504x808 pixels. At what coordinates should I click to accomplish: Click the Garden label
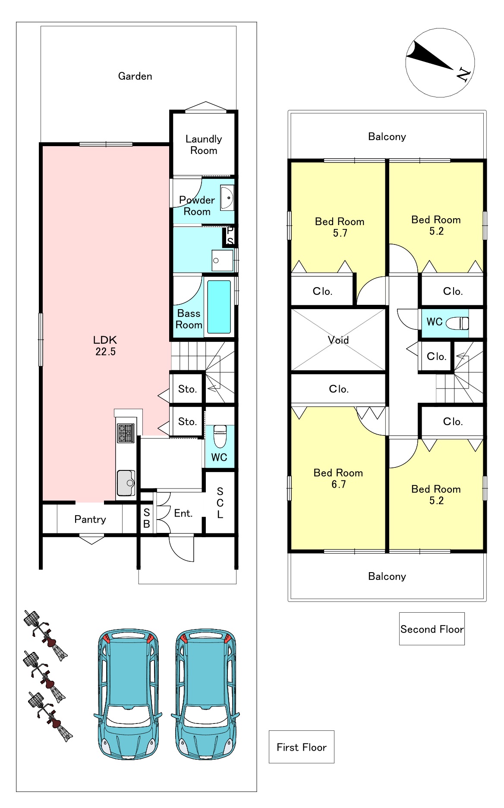coord(135,76)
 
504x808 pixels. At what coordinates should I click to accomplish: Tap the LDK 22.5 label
coord(105,346)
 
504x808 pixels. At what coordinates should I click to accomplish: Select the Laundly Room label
coord(204,145)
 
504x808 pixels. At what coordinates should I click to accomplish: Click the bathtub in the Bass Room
coord(219,307)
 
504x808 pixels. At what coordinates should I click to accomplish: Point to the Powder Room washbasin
coord(227,198)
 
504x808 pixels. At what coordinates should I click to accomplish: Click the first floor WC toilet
coord(220,436)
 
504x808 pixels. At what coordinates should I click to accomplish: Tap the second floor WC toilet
coord(457,323)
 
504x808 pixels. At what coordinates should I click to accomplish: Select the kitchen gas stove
coord(126,433)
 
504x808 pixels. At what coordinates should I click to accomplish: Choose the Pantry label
coord(90,519)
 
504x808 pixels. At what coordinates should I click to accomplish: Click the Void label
coord(338,340)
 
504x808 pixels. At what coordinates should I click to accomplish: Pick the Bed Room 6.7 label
coord(338,479)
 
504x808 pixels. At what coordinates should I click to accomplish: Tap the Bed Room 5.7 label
coord(340,227)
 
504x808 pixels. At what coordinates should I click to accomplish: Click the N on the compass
coord(463,75)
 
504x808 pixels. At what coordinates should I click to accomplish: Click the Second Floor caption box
coord(432,629)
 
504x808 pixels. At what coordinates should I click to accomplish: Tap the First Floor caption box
coord(302,747)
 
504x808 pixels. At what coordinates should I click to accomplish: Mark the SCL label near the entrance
coord(220,503)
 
